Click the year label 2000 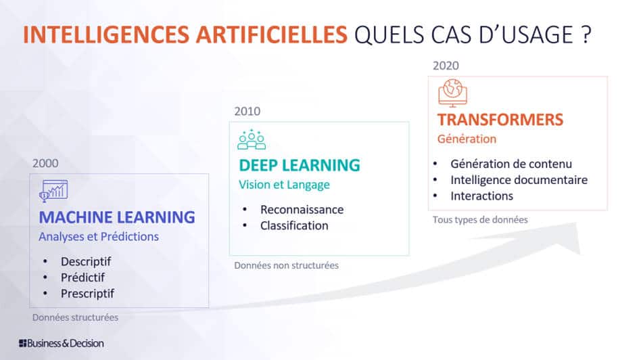[x=45, y=163]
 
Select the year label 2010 [x=247, y=111]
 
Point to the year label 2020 [x=446, y=66]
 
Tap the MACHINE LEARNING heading [x=117, y=217]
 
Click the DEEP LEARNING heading [x=299, y=165]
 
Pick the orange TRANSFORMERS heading [x=500, y=120]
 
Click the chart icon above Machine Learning [x=54, y=190]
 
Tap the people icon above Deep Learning [x=252, y=139]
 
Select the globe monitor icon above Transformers [x=452, y=93]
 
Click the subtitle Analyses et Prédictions [x=99, y=237]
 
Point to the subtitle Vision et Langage [x=284, y=184]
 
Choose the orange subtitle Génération [x=467, y=139]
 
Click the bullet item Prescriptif [x=87, y=294]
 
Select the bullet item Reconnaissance [x=302, y=209]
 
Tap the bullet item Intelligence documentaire [x=519, y=179]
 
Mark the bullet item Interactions [x=481, y=196]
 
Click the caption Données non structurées [x=286, y=265]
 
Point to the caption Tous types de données [x=480, y=219]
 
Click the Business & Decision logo [x=62, y=343]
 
